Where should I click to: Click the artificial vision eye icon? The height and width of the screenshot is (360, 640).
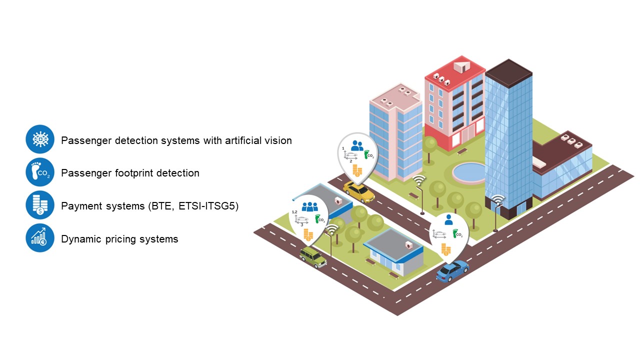(x=40, y=139)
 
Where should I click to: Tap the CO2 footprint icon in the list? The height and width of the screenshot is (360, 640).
(x=40, y=172)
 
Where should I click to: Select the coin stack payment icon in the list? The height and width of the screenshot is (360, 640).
(x=40, y=205)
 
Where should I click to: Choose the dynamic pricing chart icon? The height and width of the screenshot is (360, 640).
(x=40, y=238)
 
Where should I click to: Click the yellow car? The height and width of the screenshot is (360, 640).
(x=358, y=191)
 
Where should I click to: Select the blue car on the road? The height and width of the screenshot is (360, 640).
(x=452, y=270)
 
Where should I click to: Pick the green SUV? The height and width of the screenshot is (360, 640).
(x=313, y=257)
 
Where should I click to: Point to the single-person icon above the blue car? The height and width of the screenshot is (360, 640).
(x=448, y=219)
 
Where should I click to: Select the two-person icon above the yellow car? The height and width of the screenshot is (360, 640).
(x=357, y=145)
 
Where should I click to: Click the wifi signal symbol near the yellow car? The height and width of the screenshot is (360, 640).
(x=419, y=180)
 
